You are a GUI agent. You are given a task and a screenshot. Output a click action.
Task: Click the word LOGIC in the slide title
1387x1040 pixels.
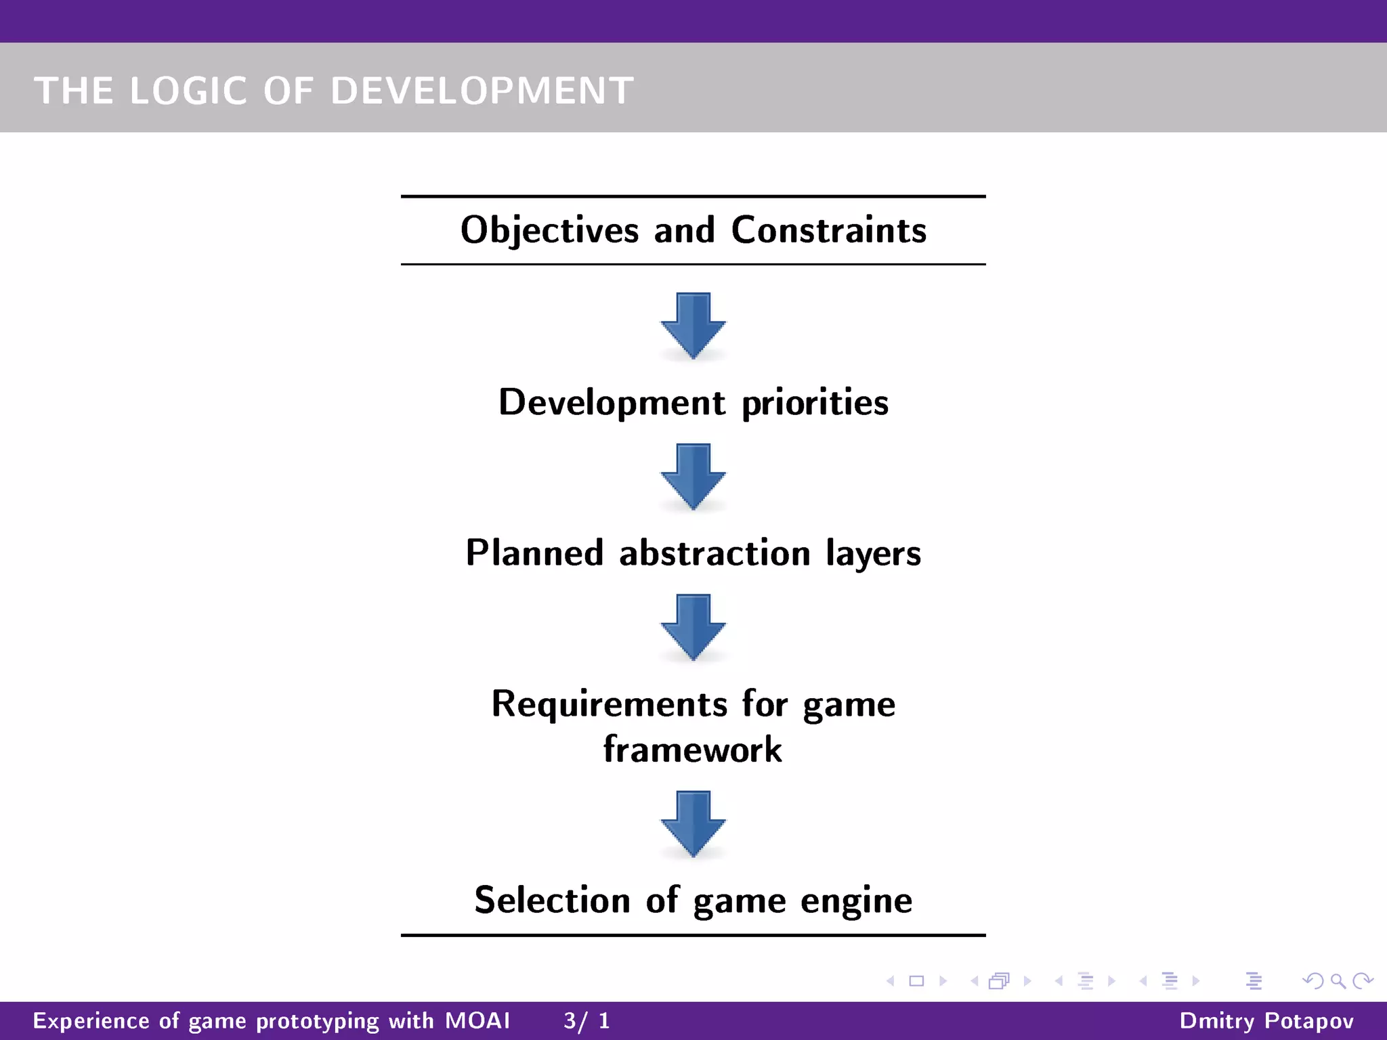(188, 91)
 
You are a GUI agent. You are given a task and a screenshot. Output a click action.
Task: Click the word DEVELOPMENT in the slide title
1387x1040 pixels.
(482, 91)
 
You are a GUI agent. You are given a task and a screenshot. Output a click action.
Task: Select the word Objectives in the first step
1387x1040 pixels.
(549, 230)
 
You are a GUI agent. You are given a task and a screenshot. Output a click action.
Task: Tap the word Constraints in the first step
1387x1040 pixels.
(829, 230)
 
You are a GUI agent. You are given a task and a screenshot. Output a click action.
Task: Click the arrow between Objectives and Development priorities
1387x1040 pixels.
(693, 325)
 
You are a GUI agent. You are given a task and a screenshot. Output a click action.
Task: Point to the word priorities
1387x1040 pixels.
(815, 404)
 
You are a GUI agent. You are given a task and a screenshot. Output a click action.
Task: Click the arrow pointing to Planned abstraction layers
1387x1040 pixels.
(693, 476)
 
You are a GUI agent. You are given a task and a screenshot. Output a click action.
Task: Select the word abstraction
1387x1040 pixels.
(714, 553)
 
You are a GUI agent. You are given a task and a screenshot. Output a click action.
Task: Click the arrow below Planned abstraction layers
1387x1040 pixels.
(693, 626)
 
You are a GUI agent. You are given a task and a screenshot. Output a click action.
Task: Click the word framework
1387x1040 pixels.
(693, 750)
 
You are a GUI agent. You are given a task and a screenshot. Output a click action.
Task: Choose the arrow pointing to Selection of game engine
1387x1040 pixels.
(693, 823)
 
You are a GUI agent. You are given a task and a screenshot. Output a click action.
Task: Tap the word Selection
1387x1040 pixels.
(552, 901)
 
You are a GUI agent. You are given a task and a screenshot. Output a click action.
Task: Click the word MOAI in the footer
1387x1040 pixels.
(477, 1020)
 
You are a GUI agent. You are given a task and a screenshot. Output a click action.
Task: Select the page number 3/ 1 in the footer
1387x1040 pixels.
(586, 1020)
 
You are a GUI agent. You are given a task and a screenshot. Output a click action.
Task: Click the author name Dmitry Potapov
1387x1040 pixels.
(1266, 1020)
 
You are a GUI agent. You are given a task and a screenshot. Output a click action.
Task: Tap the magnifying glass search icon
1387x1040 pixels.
(1338, 980)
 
